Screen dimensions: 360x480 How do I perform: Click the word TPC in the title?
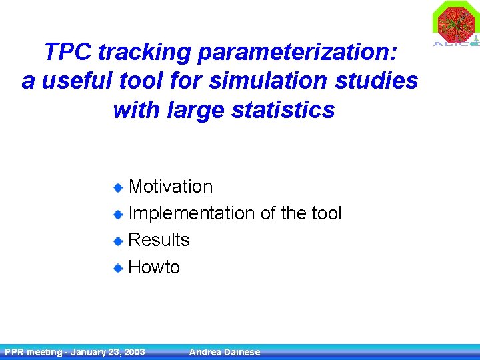(x=63, y=51)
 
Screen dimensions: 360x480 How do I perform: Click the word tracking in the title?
(x=134, y=51)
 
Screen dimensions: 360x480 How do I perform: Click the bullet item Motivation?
(x=170, y=187)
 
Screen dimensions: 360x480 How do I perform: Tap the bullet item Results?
(x=159, y=240)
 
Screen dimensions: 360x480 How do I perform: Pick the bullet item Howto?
(x=154, y=267)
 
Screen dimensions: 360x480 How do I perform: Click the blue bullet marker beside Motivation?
(x=117, y=187)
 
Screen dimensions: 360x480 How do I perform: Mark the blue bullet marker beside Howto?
(x=117, y=268)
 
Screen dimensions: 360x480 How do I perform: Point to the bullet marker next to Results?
(x=117, y=241)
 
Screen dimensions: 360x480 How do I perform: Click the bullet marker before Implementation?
(x=117, y=214)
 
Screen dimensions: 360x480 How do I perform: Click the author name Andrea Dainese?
(x=225, y=352)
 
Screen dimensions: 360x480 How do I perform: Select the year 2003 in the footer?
(x=133, y=352)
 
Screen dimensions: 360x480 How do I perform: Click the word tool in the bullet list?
(x=326, y=213)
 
